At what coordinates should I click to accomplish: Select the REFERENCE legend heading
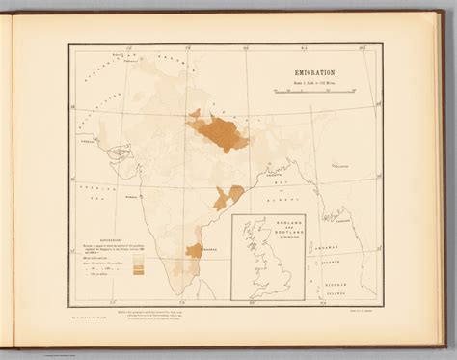(99, 230)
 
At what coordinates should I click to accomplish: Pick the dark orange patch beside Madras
(193, 251)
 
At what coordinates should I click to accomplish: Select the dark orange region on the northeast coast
(229, 197)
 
